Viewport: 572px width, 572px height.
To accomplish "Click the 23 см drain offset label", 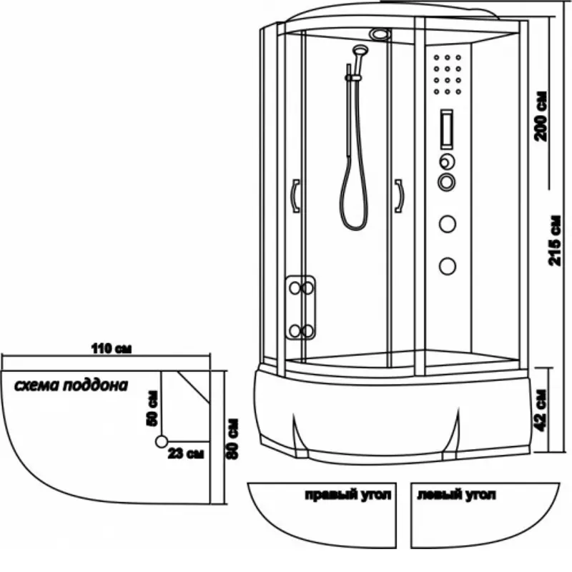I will (187, 453).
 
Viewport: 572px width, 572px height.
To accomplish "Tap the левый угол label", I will (456, 495).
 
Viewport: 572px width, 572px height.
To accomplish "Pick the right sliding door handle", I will (398, 195).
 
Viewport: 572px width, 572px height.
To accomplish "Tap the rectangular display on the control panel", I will (447, 127).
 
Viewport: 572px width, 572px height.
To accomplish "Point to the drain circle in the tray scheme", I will (162, 441).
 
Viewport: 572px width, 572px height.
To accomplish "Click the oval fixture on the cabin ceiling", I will (380, 34).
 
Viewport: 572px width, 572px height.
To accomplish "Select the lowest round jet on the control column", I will (448, 266).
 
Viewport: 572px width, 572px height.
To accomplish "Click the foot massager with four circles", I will (300, 308).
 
